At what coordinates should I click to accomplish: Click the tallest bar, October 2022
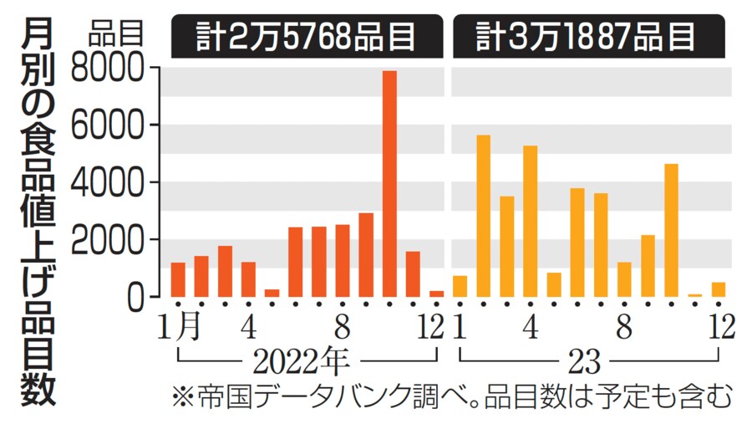[389, 184]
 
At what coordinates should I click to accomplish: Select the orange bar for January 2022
[178, 279]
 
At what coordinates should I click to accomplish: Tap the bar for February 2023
[483, 216]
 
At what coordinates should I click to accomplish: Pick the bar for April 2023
[530, 221]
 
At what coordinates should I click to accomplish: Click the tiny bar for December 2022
[436, 294]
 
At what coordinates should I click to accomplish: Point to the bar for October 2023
[671, 230]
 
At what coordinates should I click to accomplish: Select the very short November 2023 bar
[694, 295]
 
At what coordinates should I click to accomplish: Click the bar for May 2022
[272, 293]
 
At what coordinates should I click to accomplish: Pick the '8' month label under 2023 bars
[623, 326]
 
